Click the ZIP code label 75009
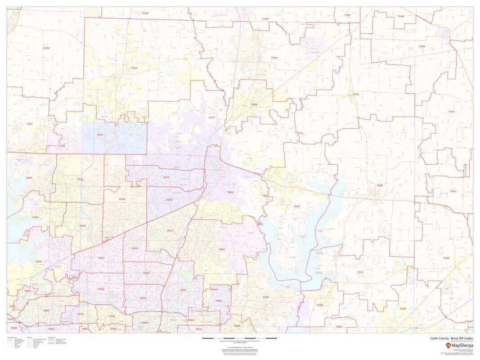(134, 68)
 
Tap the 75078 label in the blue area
(100, 135)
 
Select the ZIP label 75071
(212, 117)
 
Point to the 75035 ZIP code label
(122, 199)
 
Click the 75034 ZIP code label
(82, 225)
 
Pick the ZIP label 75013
(170, 231)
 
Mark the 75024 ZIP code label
(101, 258)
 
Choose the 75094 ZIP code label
(219, 301)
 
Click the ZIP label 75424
(356, 94)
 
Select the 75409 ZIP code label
(274, 58)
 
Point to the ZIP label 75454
(254, 104)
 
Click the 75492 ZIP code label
(422, 46)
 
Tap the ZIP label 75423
(451, 112)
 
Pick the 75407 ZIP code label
(296, 206)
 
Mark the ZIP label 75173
(360, 272)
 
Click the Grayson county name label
(220, 15)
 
